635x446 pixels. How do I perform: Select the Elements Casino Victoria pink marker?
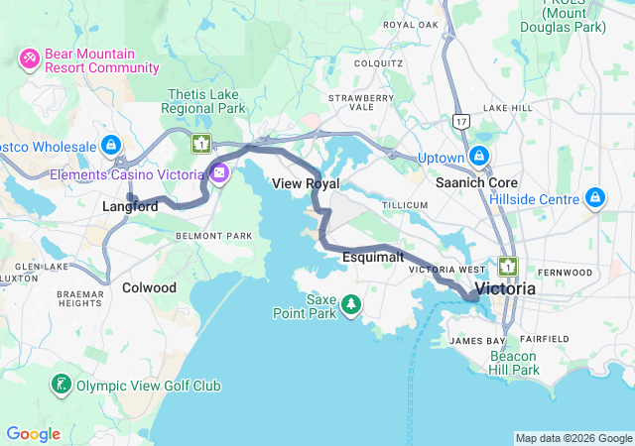pyautogui.click(x=219, y=174)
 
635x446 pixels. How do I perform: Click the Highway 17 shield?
pyautogui.click(x=459, y=120)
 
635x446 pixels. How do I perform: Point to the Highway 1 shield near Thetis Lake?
pyautogui.click(x=201, y=144)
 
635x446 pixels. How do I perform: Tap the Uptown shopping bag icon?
pyautogui.click(x=480, y=157)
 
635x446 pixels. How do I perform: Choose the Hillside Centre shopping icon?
pyautogui.click(x=595, y=198)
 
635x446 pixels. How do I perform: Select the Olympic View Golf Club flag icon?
pyautogui.click(x=62, y=385)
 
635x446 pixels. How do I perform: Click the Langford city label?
pyautogui.click(x=130, y=207)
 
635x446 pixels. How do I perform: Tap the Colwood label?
pyautogui.click(x=149, y=287)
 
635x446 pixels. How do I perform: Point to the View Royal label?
pyautogui.click(x=306, y=184)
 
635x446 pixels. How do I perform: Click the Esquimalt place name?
pyautogui.click(x=372, y=257)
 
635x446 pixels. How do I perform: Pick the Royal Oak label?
pyautogui.click(x=411, y=24)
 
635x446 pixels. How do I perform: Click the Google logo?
pyautogui.click(x=33, y=434)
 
